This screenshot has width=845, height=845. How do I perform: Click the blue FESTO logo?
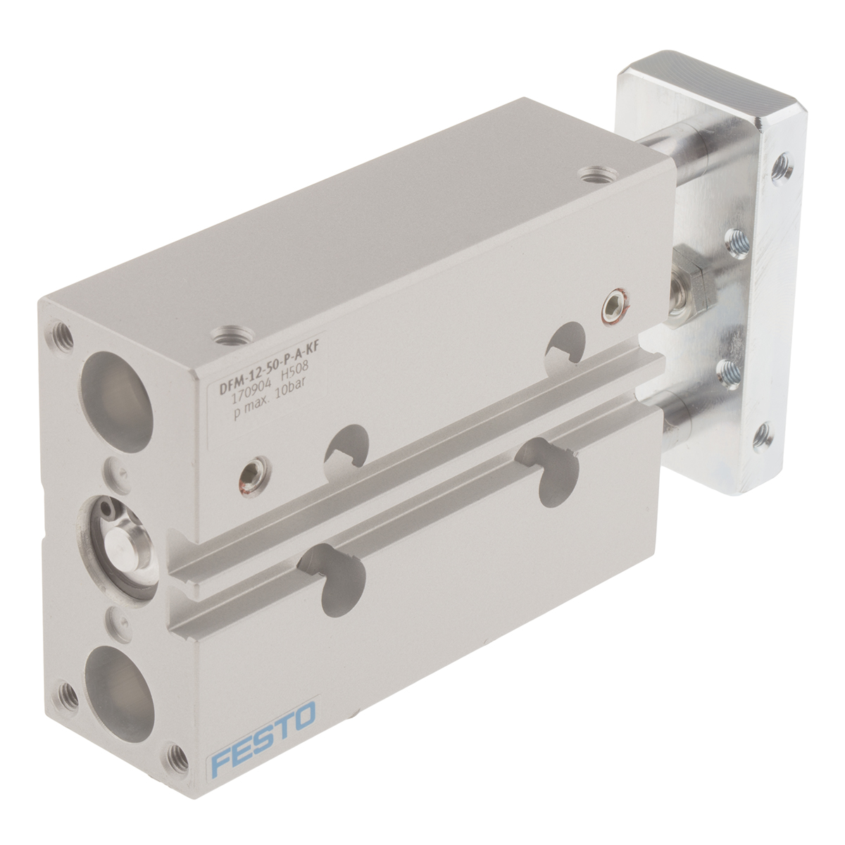(263, 740)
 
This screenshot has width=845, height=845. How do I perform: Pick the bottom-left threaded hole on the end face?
(70, 694)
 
